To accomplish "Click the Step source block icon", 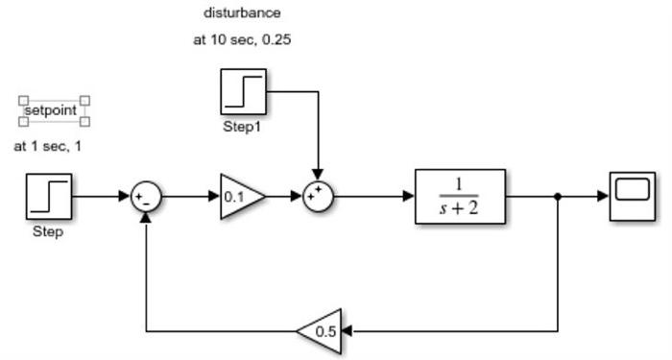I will [x=49, y=197].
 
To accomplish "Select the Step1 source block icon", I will [x=244, y=91].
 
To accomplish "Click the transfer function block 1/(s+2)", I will [x=460, y=197].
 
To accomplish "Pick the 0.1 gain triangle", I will [x=240, y=197].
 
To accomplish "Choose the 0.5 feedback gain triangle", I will [x=321, y=331].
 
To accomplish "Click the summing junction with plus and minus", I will [x=146, y=197].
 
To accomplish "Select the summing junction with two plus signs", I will [x=317, y=197].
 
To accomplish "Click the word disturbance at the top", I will [x=243, y=13].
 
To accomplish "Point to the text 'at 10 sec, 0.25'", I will [x=243, y=40].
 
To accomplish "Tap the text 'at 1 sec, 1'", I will [x=48, y=147].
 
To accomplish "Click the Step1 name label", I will [x=242, y=126].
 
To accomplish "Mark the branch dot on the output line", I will [x=558, y=197].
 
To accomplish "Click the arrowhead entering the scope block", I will [x=604, y=197].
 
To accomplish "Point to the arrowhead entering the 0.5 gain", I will [x=347, y=331].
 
